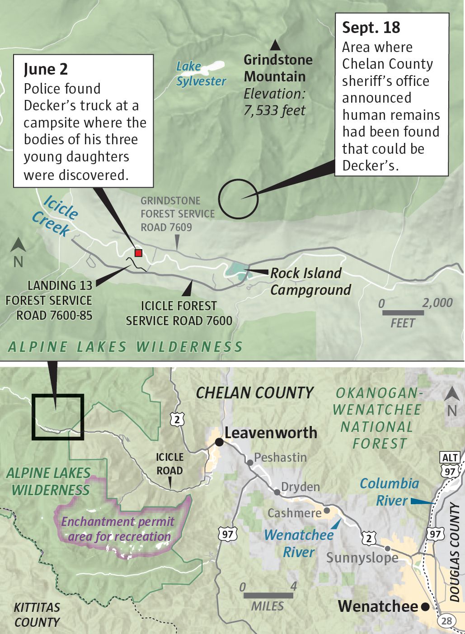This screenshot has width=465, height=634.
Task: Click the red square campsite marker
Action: (139, 253)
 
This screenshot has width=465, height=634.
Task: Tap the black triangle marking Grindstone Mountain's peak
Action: (275, 45)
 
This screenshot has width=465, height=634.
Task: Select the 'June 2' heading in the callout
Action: (46, 69)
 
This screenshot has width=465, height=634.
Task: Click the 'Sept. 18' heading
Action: (371, 28)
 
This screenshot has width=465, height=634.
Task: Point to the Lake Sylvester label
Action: (200, 74)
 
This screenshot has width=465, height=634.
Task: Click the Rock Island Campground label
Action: (310, 281)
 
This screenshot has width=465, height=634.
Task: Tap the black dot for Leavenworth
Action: (219, 442)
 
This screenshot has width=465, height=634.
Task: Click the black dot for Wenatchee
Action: (425, 607)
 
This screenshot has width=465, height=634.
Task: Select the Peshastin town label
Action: (280, 457)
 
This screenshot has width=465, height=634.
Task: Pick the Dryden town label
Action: (300, 487)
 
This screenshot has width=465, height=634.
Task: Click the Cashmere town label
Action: (294, 513)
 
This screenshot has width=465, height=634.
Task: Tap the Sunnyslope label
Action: (362, 557)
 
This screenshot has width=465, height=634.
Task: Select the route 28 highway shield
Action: (446, 621)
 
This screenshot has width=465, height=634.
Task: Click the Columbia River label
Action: (389, 492)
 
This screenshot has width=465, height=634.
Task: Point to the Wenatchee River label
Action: (299, 543)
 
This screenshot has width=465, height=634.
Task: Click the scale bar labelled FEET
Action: (403, 312)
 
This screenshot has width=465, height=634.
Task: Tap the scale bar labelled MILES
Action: (268, 596)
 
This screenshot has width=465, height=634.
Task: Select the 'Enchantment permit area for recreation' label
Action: (117, 529)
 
